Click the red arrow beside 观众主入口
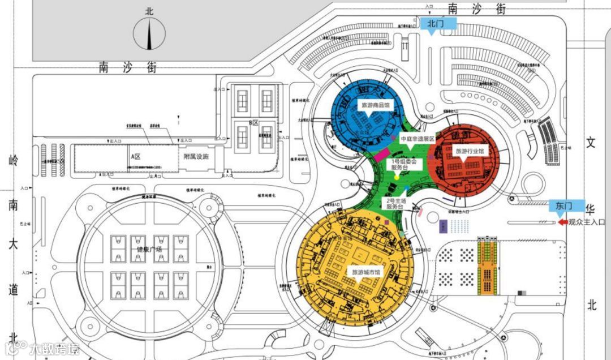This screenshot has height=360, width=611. pyautogui.click(x=562, y=222)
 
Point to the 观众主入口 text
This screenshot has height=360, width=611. pyautogui.click(x=587, y=222)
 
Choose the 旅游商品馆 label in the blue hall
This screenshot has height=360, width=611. pyautogui.click(x=376, y=105)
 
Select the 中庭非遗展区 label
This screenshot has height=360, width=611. pyautogui.click(x=418, y=139)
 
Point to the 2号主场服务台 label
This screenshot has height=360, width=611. pyautogui.click(x=397, y=204)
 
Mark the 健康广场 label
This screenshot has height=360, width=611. pyautogui.click(x=149, y=249)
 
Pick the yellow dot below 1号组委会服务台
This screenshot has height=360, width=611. pyautogui.click(x=397, y=177)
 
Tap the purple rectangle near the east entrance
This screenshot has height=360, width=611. pyautogui.click(x=443, y=226)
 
